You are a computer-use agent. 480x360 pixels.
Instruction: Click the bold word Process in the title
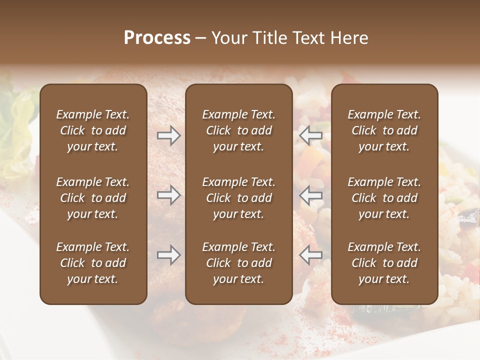click(x=157, y=38)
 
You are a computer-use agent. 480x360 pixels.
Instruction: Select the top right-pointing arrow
click(x=168, y=135)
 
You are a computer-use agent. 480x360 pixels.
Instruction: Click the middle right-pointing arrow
click(x=168, y=195)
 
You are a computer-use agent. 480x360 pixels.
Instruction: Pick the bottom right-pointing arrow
click(x=168, y=255)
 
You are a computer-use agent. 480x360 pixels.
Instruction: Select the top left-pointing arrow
click(x=310, y=135)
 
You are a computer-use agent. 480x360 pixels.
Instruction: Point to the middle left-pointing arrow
click(x=310, y=195)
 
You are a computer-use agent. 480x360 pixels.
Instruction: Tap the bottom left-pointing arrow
click(x=310, y=255)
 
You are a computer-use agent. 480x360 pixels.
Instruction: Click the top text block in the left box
click(x=93, y=130)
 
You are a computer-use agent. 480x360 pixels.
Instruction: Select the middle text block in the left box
click(x=93, y=198)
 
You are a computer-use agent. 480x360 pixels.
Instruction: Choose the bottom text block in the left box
click(x=93, y=263)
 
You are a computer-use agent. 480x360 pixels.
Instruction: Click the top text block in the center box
click(x=238, y=130)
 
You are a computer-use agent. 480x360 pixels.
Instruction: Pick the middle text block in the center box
click(x=238, y=198)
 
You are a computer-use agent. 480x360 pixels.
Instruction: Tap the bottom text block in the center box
click(x=238, y=263)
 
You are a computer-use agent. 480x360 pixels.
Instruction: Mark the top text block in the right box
click(x=384, y=130)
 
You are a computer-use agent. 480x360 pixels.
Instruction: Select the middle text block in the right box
click(x=384, y=198)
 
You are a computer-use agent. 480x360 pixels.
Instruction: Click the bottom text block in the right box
click(x=384, y=263)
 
